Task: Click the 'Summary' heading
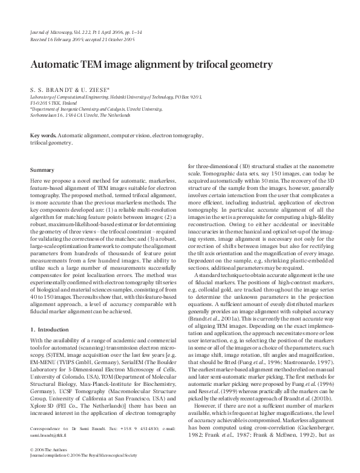[x=42, y=170]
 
